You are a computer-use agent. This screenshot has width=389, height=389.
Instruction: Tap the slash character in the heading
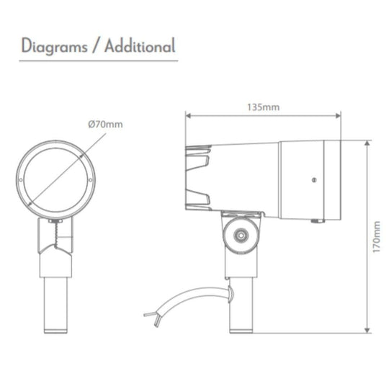(96, 47)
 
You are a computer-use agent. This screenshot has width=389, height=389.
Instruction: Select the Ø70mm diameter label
(104, 124)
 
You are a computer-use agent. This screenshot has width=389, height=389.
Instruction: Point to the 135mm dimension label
(264, 107)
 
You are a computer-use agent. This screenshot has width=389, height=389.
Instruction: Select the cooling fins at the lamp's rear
(199, 174)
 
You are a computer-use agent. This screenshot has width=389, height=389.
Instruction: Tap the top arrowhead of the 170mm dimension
(367, 143)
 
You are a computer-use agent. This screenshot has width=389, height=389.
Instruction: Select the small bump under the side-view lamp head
(315, 220)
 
